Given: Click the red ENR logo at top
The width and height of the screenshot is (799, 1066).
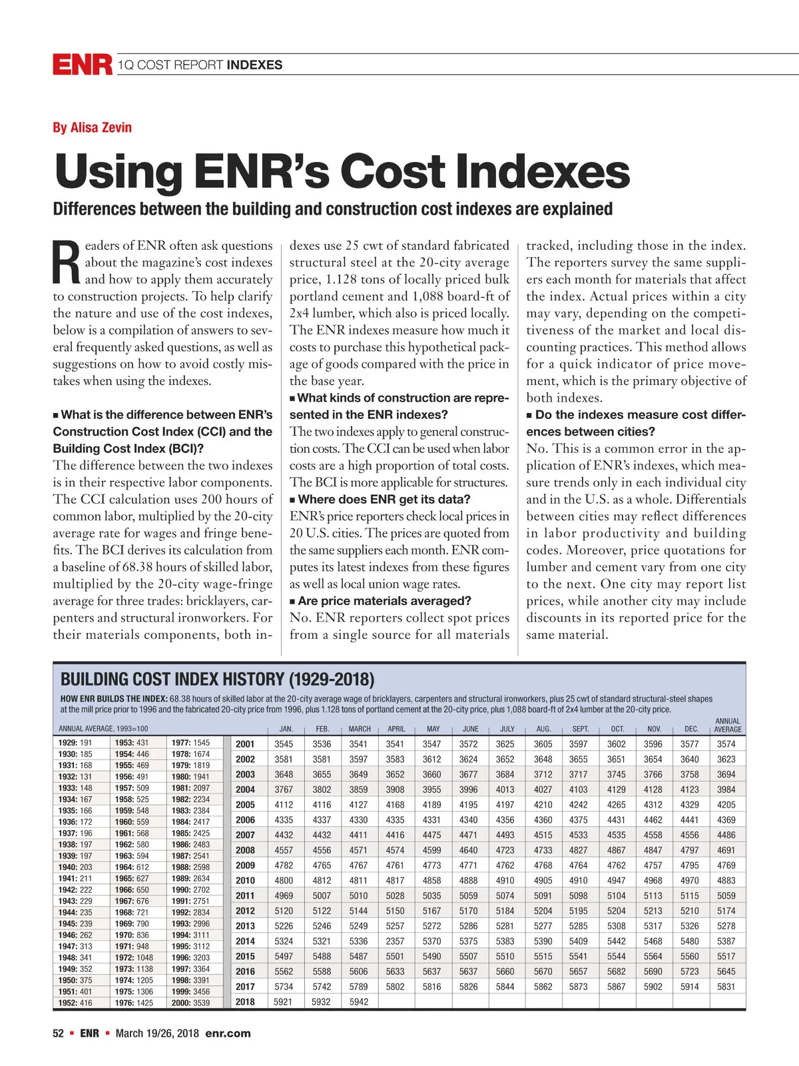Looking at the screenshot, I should coord(83,65).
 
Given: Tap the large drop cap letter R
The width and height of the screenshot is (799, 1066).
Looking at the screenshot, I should coord(66,263).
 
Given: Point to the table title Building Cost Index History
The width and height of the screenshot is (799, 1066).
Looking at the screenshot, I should coord(217,679).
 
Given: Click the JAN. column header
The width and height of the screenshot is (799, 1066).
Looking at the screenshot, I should coord(286,729).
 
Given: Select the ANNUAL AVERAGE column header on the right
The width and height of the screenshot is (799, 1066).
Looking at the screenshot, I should coord(727,725).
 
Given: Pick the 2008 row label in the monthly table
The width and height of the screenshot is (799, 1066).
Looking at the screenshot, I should coord(245,850).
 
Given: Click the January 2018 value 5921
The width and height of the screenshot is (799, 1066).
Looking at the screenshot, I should coord(284,1002).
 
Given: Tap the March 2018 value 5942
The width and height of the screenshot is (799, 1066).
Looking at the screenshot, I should coord(359,1002).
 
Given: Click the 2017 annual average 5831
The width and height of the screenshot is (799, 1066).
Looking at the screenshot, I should coord(726,987).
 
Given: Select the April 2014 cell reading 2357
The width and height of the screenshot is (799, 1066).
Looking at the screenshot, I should coord(395,941).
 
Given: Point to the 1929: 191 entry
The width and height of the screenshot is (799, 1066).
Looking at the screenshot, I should coord(75,743).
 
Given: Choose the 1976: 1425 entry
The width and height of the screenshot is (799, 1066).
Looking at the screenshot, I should coord(134,1003).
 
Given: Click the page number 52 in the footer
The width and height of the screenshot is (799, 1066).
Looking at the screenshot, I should coord(59,1033).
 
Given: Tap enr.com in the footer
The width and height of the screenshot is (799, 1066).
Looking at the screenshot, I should coord(228,1033).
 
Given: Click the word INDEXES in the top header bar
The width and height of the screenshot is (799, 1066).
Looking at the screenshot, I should coord(254,65).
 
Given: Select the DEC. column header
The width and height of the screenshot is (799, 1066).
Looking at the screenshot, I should coord(691,729).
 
